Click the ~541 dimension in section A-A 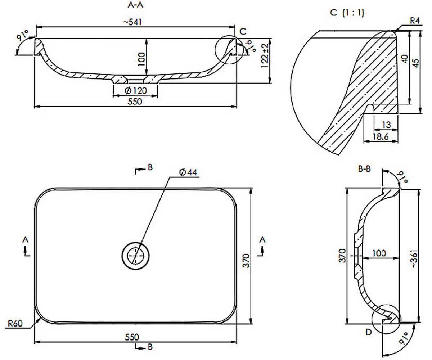click(132, 22)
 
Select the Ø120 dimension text click(136, 91)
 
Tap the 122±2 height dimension click(265, 55)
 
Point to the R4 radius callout click(415, 21)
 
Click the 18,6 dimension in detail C click(381, 136)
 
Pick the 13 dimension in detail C click(386, 125)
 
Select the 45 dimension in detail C click(416, 63)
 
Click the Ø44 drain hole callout click(188, 172)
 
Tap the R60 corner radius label click(15, 323)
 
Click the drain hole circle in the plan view click(135, 242)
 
